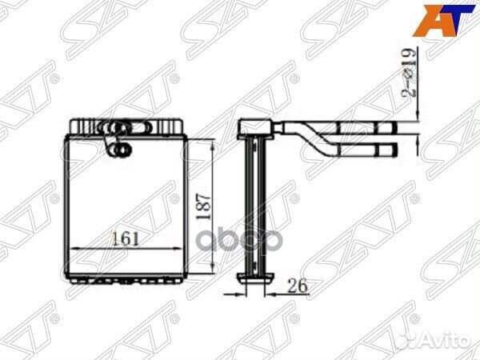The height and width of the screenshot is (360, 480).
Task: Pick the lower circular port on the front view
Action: pos(122,147)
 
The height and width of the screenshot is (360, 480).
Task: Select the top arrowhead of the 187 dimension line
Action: pos(212,141)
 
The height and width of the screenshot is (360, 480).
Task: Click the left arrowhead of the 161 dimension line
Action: pos(74,248)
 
